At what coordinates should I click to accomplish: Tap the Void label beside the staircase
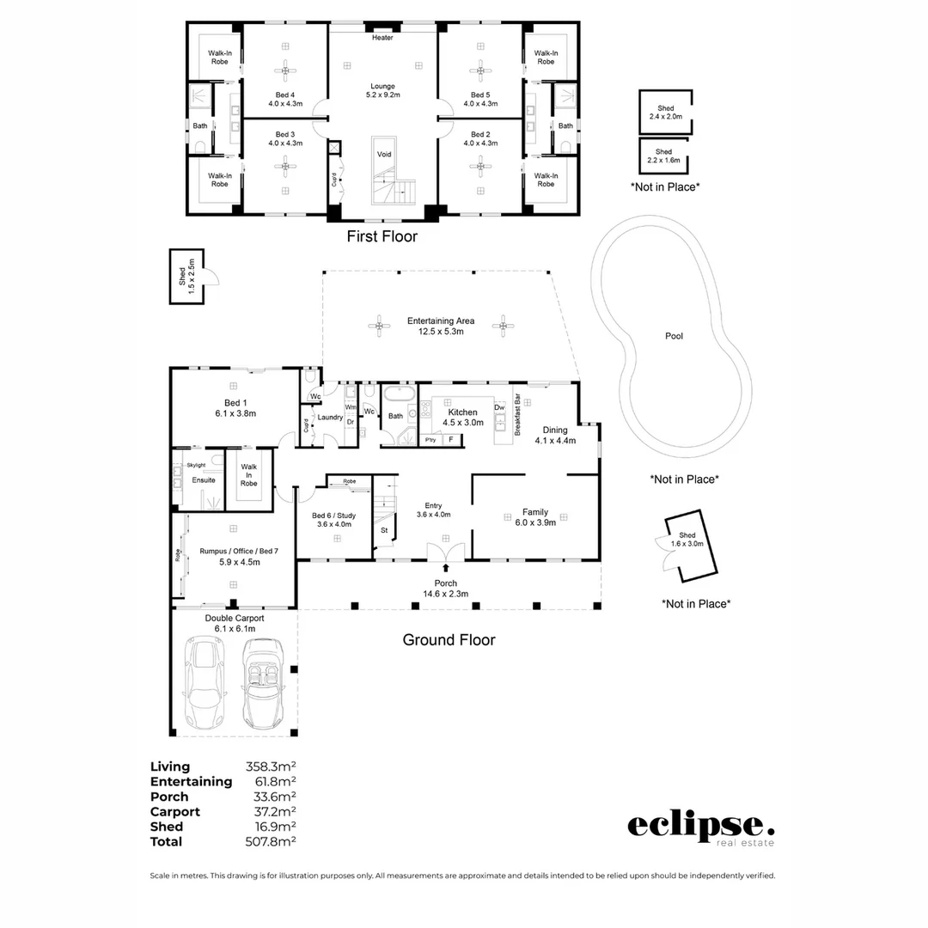383,154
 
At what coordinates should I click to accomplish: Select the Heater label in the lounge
382,38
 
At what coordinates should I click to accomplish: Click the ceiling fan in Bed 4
285,72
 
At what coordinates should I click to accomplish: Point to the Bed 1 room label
235,408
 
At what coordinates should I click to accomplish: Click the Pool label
675,336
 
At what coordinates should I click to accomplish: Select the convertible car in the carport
263,682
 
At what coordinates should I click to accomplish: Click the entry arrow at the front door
445,567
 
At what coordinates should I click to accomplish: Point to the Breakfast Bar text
517,416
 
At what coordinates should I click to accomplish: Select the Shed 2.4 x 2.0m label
665,113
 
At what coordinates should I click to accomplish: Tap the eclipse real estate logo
700,827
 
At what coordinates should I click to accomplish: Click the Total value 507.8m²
271,842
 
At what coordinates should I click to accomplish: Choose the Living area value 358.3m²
271,766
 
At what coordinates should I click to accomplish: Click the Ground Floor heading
449,640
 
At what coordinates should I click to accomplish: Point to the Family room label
534,516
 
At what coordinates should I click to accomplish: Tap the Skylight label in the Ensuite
196,465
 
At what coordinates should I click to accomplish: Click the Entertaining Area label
440,326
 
